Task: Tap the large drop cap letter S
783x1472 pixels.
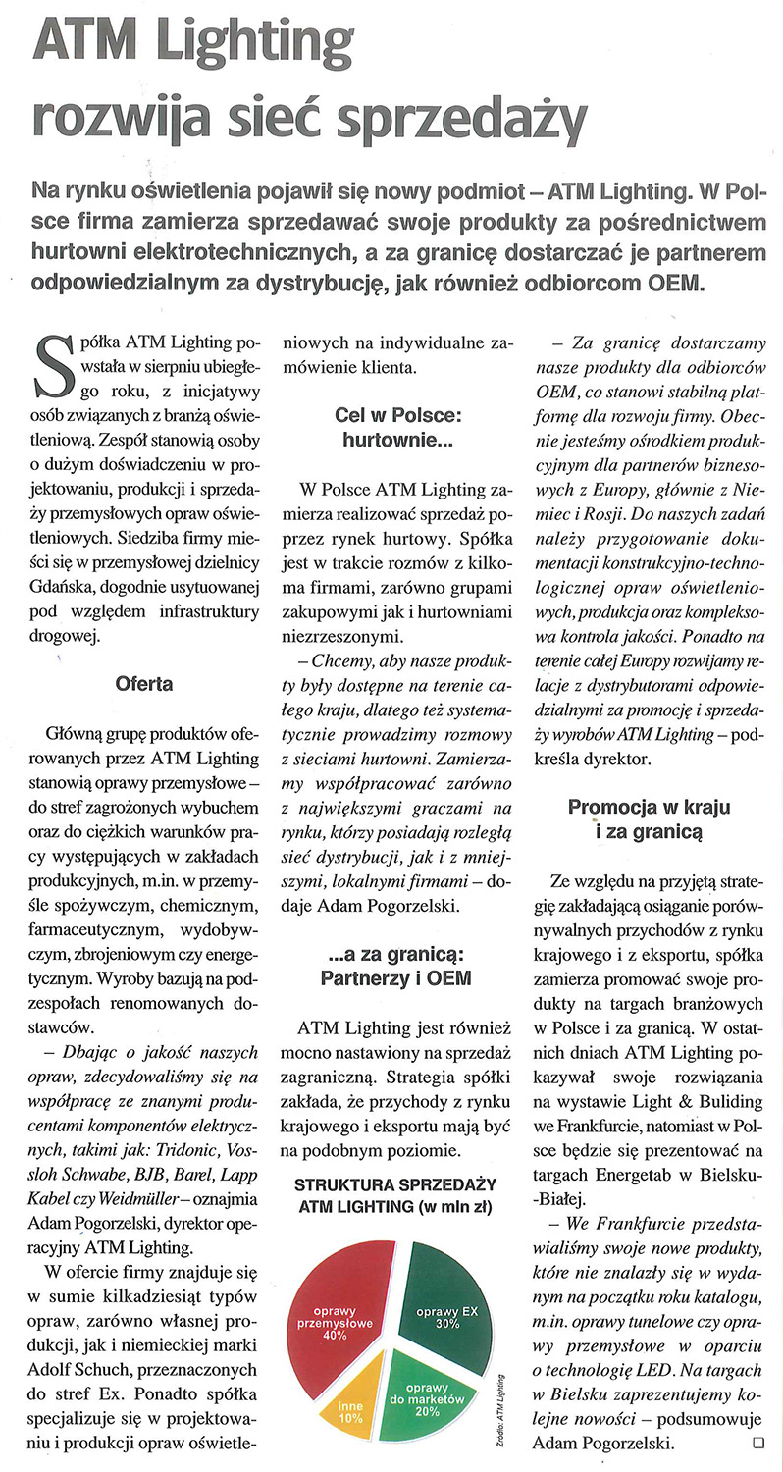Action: tap(52, 366)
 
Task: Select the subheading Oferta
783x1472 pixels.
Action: tap(143, 683)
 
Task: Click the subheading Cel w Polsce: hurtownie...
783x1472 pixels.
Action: tap(397, 429)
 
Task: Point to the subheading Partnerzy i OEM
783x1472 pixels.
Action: tap(396, 977)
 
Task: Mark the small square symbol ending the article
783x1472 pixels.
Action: tap(756, 1443)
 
